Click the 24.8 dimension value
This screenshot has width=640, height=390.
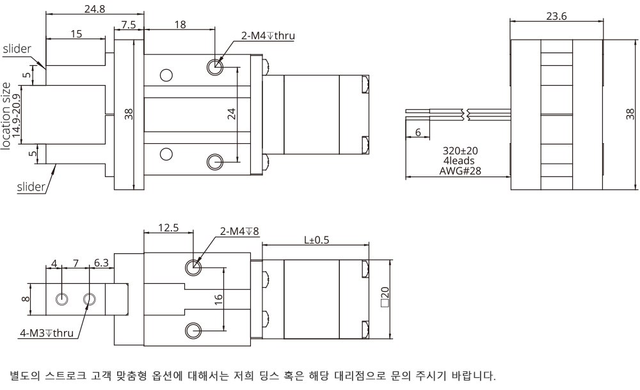tap(95, 9)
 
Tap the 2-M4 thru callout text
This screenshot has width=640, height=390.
tap(268, 36)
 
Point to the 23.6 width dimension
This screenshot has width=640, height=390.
tap(556, 17)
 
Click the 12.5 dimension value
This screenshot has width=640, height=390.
tap(168, 227)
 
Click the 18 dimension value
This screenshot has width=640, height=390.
tap(180, 24)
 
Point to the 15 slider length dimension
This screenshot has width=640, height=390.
tap(76, 34)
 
